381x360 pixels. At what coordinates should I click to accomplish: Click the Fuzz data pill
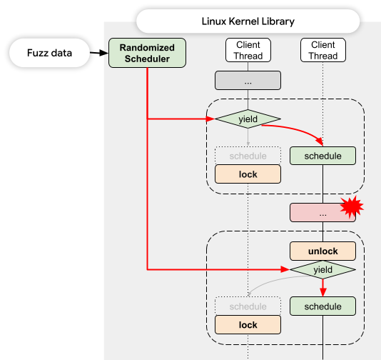49,53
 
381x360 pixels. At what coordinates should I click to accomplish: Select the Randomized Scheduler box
147,53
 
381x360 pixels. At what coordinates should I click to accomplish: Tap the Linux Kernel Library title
248,21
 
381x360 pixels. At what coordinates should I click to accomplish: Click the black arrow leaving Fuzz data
99,53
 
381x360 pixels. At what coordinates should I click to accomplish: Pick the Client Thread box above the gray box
248,50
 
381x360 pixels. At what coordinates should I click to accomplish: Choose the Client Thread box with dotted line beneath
323,50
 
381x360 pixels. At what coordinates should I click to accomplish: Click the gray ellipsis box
248,80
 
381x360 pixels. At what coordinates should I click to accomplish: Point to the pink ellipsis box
322,213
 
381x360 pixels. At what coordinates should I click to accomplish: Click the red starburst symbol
352,207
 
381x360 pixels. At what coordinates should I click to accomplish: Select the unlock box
322,251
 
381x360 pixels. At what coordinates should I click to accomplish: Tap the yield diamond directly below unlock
322,269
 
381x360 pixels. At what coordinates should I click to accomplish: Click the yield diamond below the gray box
248,119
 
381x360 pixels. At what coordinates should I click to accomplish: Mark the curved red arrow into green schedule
296,131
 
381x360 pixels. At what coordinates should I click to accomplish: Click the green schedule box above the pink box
322,156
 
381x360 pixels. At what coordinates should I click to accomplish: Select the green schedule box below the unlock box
322,306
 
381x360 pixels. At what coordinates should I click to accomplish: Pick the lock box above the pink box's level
248,174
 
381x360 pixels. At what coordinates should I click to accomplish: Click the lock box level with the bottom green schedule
248,325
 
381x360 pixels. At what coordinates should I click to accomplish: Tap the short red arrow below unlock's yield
322,288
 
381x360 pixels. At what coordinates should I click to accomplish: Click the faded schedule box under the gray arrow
248,156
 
